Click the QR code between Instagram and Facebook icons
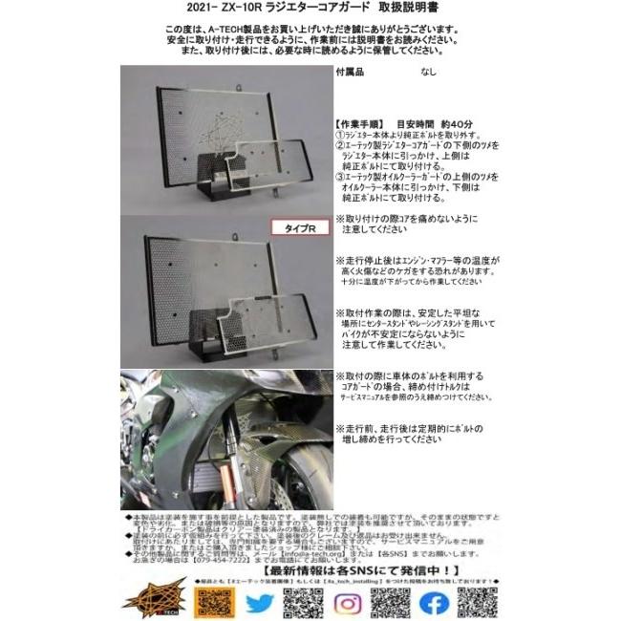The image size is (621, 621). (390, 600)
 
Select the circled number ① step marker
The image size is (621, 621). (340, 136)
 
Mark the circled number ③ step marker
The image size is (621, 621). (340, 178)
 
